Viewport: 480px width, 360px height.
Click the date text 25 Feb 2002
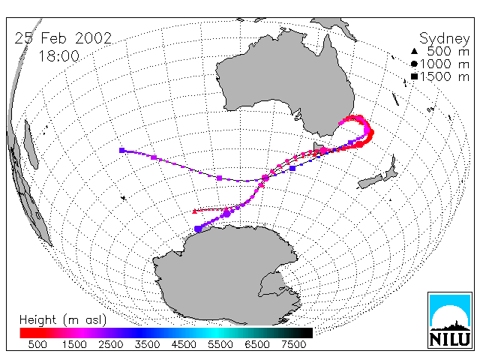pyautogui.click(x=63, y=38)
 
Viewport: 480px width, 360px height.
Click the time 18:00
pyautogui.click(x=59, y=56)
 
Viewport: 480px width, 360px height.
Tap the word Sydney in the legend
pyautogui.click(x=445, y=39)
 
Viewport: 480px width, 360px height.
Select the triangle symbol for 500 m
pyautogui.click(x=414, y=52)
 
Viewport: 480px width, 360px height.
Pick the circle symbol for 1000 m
pyautogui.click(x=414, y=64)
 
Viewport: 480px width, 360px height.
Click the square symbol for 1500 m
pyautogui.click(x=414, y=76)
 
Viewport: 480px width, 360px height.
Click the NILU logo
pyautogui.click(x=450, y=320)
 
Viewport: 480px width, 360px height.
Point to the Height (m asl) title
pyautogui.click(x=63, y=320)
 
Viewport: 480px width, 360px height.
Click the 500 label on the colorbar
pyautogui.click(x=37, y=344)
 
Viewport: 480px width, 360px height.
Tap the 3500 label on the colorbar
pyautogui.click(x=147, y=344)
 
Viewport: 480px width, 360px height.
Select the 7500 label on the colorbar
pyautogui.click(x=293, y=344)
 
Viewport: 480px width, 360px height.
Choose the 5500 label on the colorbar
pyautogui.click(x=220, y=344)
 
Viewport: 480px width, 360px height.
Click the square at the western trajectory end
pyautogui.click(x=121, y=150)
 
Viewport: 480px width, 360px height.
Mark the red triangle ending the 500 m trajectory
pyautogui.click(x=195, y=211)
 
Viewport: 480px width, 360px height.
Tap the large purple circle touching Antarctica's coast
pyautogui.click(x=198, y=229)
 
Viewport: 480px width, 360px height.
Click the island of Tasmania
pyautogui.click(x=318, y=147)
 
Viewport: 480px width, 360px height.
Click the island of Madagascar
pyautogui.click(x=31, y=144)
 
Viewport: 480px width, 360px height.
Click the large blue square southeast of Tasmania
pyautogui.click(x=292, y=168)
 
